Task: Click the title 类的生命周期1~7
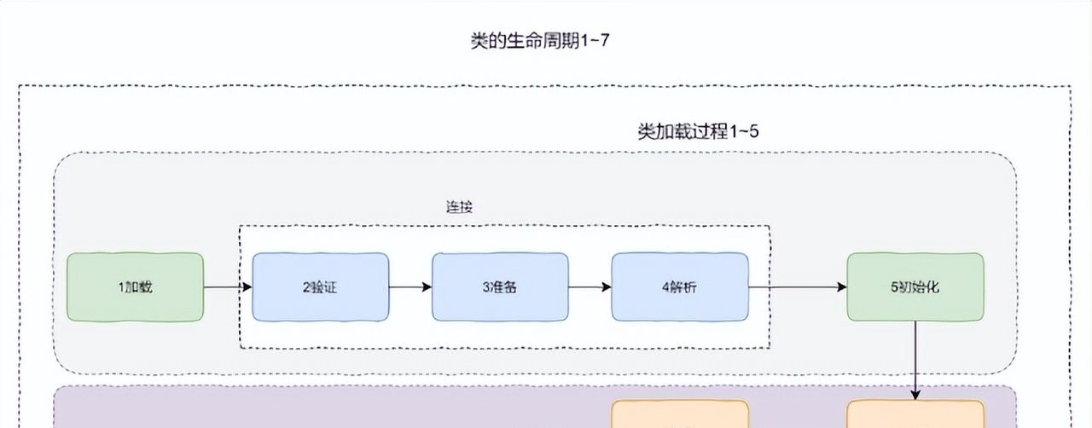click(540, 41)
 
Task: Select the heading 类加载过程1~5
click(699, 131)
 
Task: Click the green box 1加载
click(136, 287)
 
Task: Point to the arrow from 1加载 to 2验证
click(228, 287)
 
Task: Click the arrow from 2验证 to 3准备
click(410, 287)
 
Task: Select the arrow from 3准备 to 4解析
click(590, 287)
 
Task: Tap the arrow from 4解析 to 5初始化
click(797, 287)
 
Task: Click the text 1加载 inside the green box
click(136, 287)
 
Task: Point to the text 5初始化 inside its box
click(915, 287)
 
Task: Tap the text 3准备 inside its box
click(500, 287)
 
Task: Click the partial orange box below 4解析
click(680, 415)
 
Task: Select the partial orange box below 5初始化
click(915, 415)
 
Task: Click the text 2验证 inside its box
click(321, 287)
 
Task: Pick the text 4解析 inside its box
click(679, 287)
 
